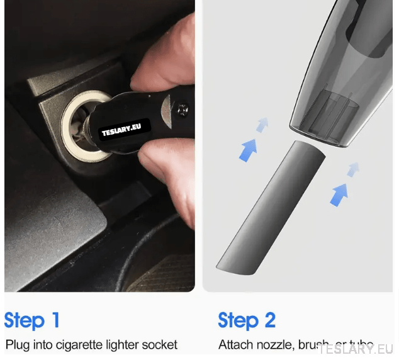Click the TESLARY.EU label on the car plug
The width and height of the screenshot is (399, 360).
coord(125,130)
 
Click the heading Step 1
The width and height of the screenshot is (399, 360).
coord(32,320)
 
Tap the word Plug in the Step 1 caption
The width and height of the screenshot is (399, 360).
coord(17,345)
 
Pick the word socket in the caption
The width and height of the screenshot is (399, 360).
coord(160,345)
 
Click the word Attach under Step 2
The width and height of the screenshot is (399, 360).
coord(235,345)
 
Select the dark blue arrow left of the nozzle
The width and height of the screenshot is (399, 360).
coord(248,150)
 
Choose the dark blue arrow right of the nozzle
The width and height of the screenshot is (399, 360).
coord(340,193)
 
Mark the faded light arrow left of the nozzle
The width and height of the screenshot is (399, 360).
coord(262,125)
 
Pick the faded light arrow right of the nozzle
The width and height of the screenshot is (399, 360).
coord(354,168)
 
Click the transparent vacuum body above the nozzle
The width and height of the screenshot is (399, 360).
coord(340,76)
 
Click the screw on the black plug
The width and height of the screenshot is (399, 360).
coord(184,108)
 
